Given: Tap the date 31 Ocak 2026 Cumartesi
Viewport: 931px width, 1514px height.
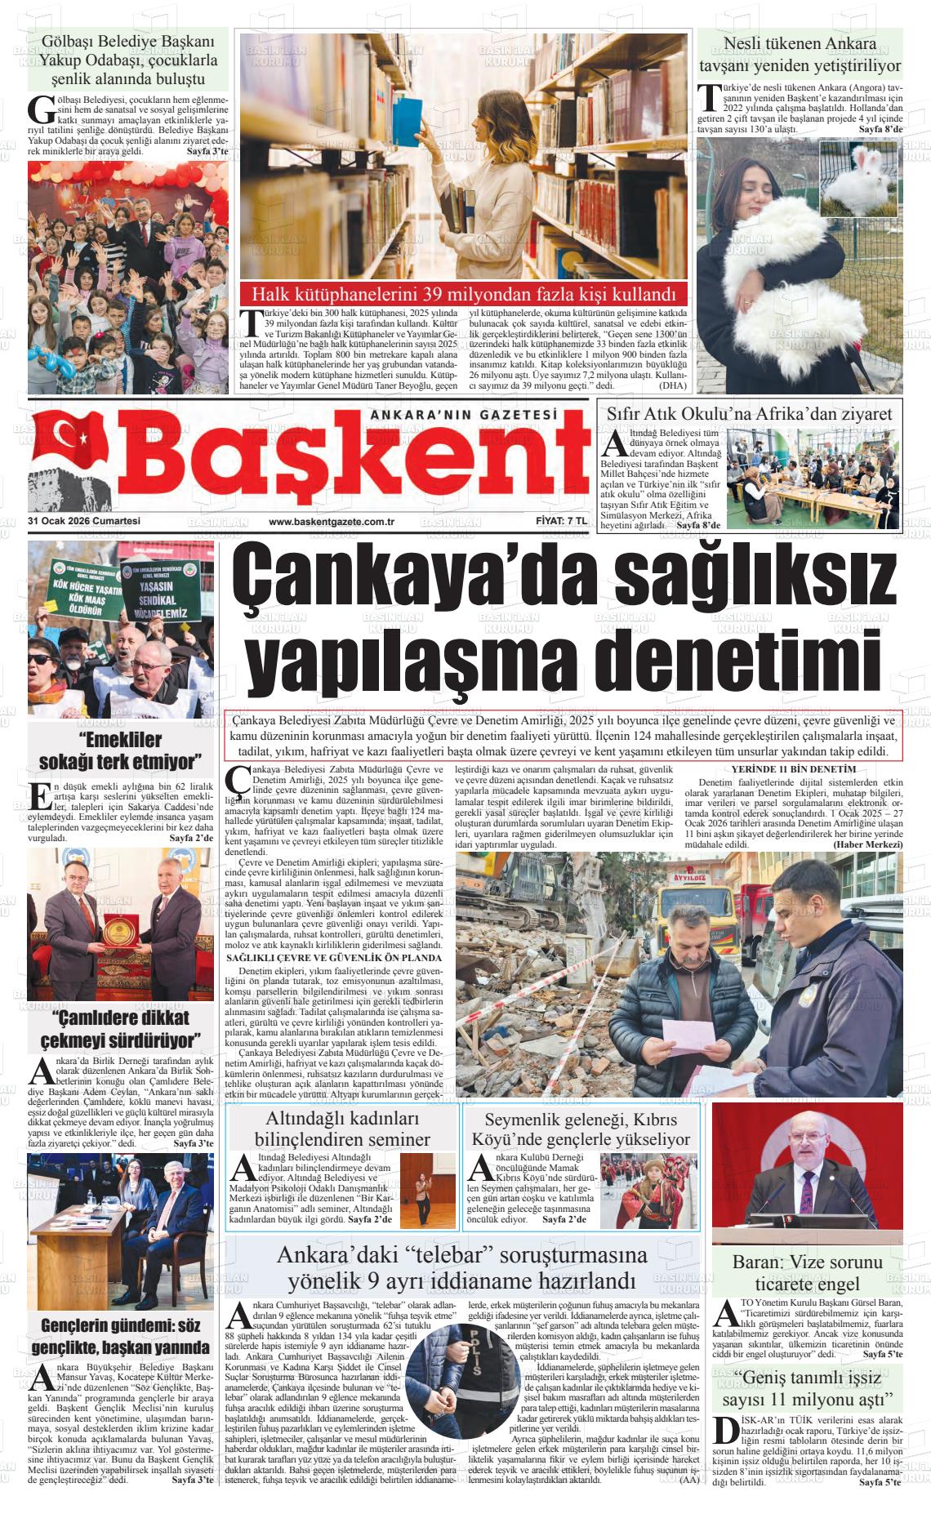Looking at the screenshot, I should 84,522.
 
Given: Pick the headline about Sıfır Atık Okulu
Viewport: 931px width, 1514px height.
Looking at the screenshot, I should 750,414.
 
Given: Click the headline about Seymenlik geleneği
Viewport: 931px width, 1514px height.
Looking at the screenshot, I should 580,1129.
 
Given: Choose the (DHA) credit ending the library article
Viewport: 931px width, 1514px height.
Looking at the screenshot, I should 674,385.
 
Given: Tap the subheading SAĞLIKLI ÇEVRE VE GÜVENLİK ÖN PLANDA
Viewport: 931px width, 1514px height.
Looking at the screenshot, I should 334,957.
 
